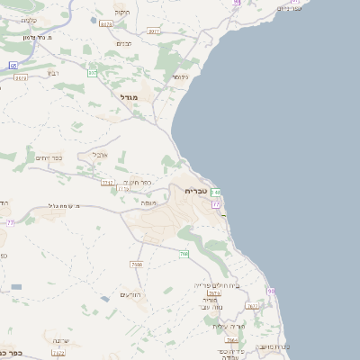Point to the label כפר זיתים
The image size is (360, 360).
coord(48,157)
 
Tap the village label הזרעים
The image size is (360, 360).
coord(132,295)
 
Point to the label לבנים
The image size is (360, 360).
coord(125,42)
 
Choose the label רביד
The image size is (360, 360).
coord(53,74)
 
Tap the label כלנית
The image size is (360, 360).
coord(28,20)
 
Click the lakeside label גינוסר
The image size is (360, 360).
coord(180,77)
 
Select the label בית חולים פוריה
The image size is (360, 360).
coord(213,284)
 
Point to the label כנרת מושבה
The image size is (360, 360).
coord(269,346)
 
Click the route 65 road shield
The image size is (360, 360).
coord(13,66)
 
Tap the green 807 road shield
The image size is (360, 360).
coord(92,73)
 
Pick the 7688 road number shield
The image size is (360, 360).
coord(137,265)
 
